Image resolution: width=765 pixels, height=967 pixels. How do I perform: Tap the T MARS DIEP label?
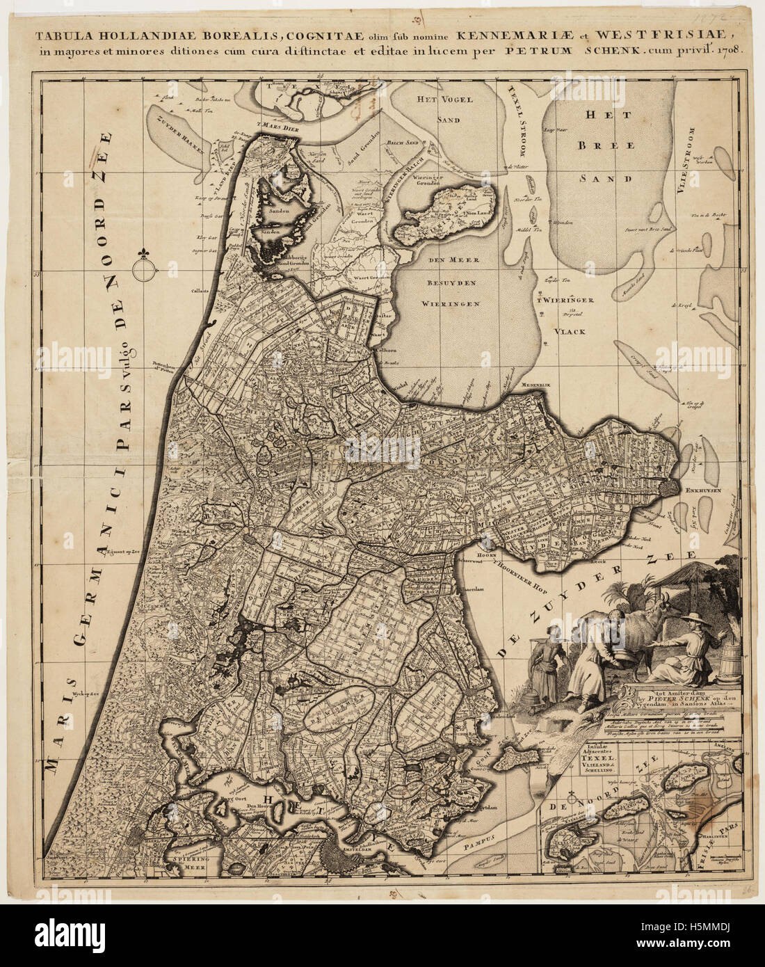277,128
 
